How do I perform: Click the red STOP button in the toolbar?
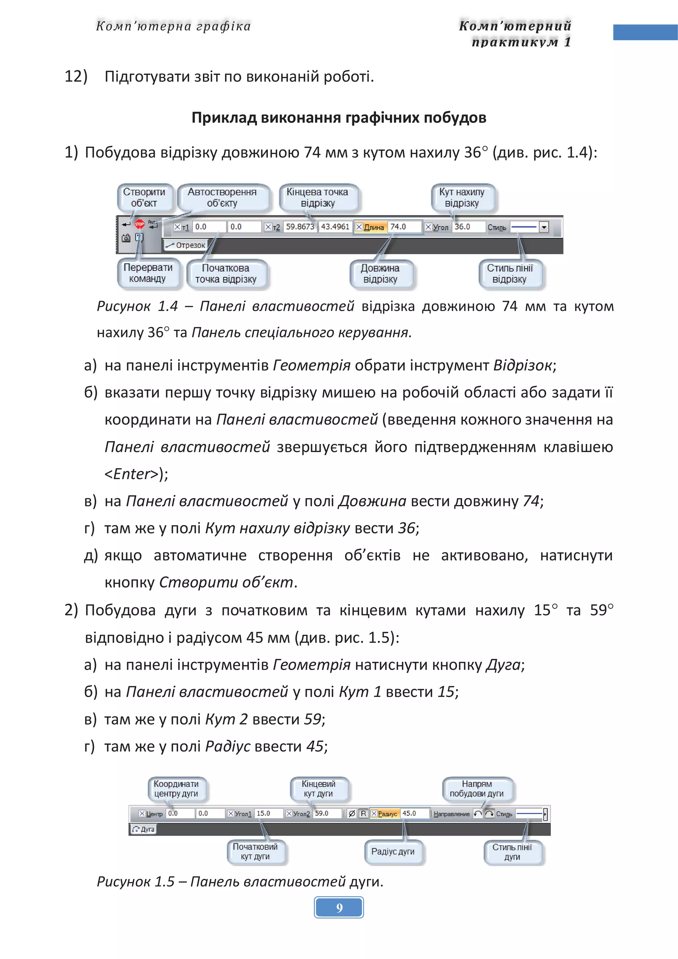[139, 224]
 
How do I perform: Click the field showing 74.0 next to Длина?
[404, 227]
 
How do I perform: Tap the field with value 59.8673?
[300, 227]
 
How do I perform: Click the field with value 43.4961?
[335, 227]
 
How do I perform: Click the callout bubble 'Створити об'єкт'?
[144, 198]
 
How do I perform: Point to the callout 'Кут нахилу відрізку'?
[462, 198]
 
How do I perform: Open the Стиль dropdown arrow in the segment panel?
[544, 227]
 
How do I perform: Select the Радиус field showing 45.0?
[414, 814]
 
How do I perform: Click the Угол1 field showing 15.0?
[268, 814]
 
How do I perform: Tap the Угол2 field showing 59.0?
[327, 814]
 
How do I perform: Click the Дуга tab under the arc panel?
[143, 829]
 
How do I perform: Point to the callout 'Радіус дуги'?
[393, 852]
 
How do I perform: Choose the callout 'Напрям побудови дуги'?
[477, 789]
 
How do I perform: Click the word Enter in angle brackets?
[131, 474]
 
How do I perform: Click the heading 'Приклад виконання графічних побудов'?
[339, 118]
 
